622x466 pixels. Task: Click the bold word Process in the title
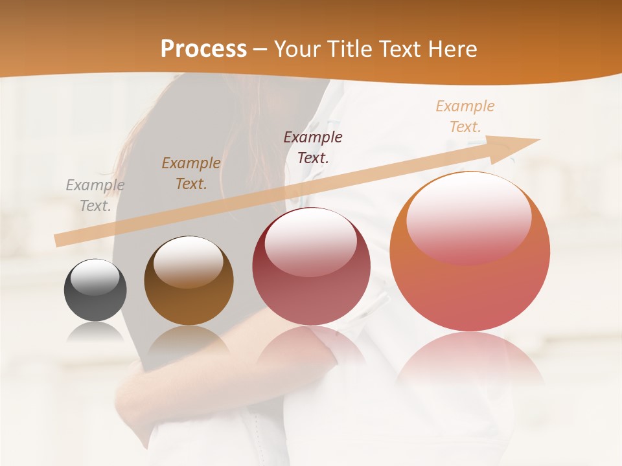pos(203,49)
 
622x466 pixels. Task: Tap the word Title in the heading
pos(349,49)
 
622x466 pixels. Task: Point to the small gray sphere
pos(95,290)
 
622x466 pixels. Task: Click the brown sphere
pos(189,281)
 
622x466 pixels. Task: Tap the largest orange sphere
pos(470,251)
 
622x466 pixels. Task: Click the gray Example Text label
pos(95,195)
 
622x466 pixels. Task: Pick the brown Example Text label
pos(191,173)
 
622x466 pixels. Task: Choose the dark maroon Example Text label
pos(313,147)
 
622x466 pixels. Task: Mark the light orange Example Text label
pos(465,116)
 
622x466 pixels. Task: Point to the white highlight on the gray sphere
pos(95,277)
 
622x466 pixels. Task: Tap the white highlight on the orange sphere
pos(468,217)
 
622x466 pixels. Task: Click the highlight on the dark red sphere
pos(310,241)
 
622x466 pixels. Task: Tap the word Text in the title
pos(400,49)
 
